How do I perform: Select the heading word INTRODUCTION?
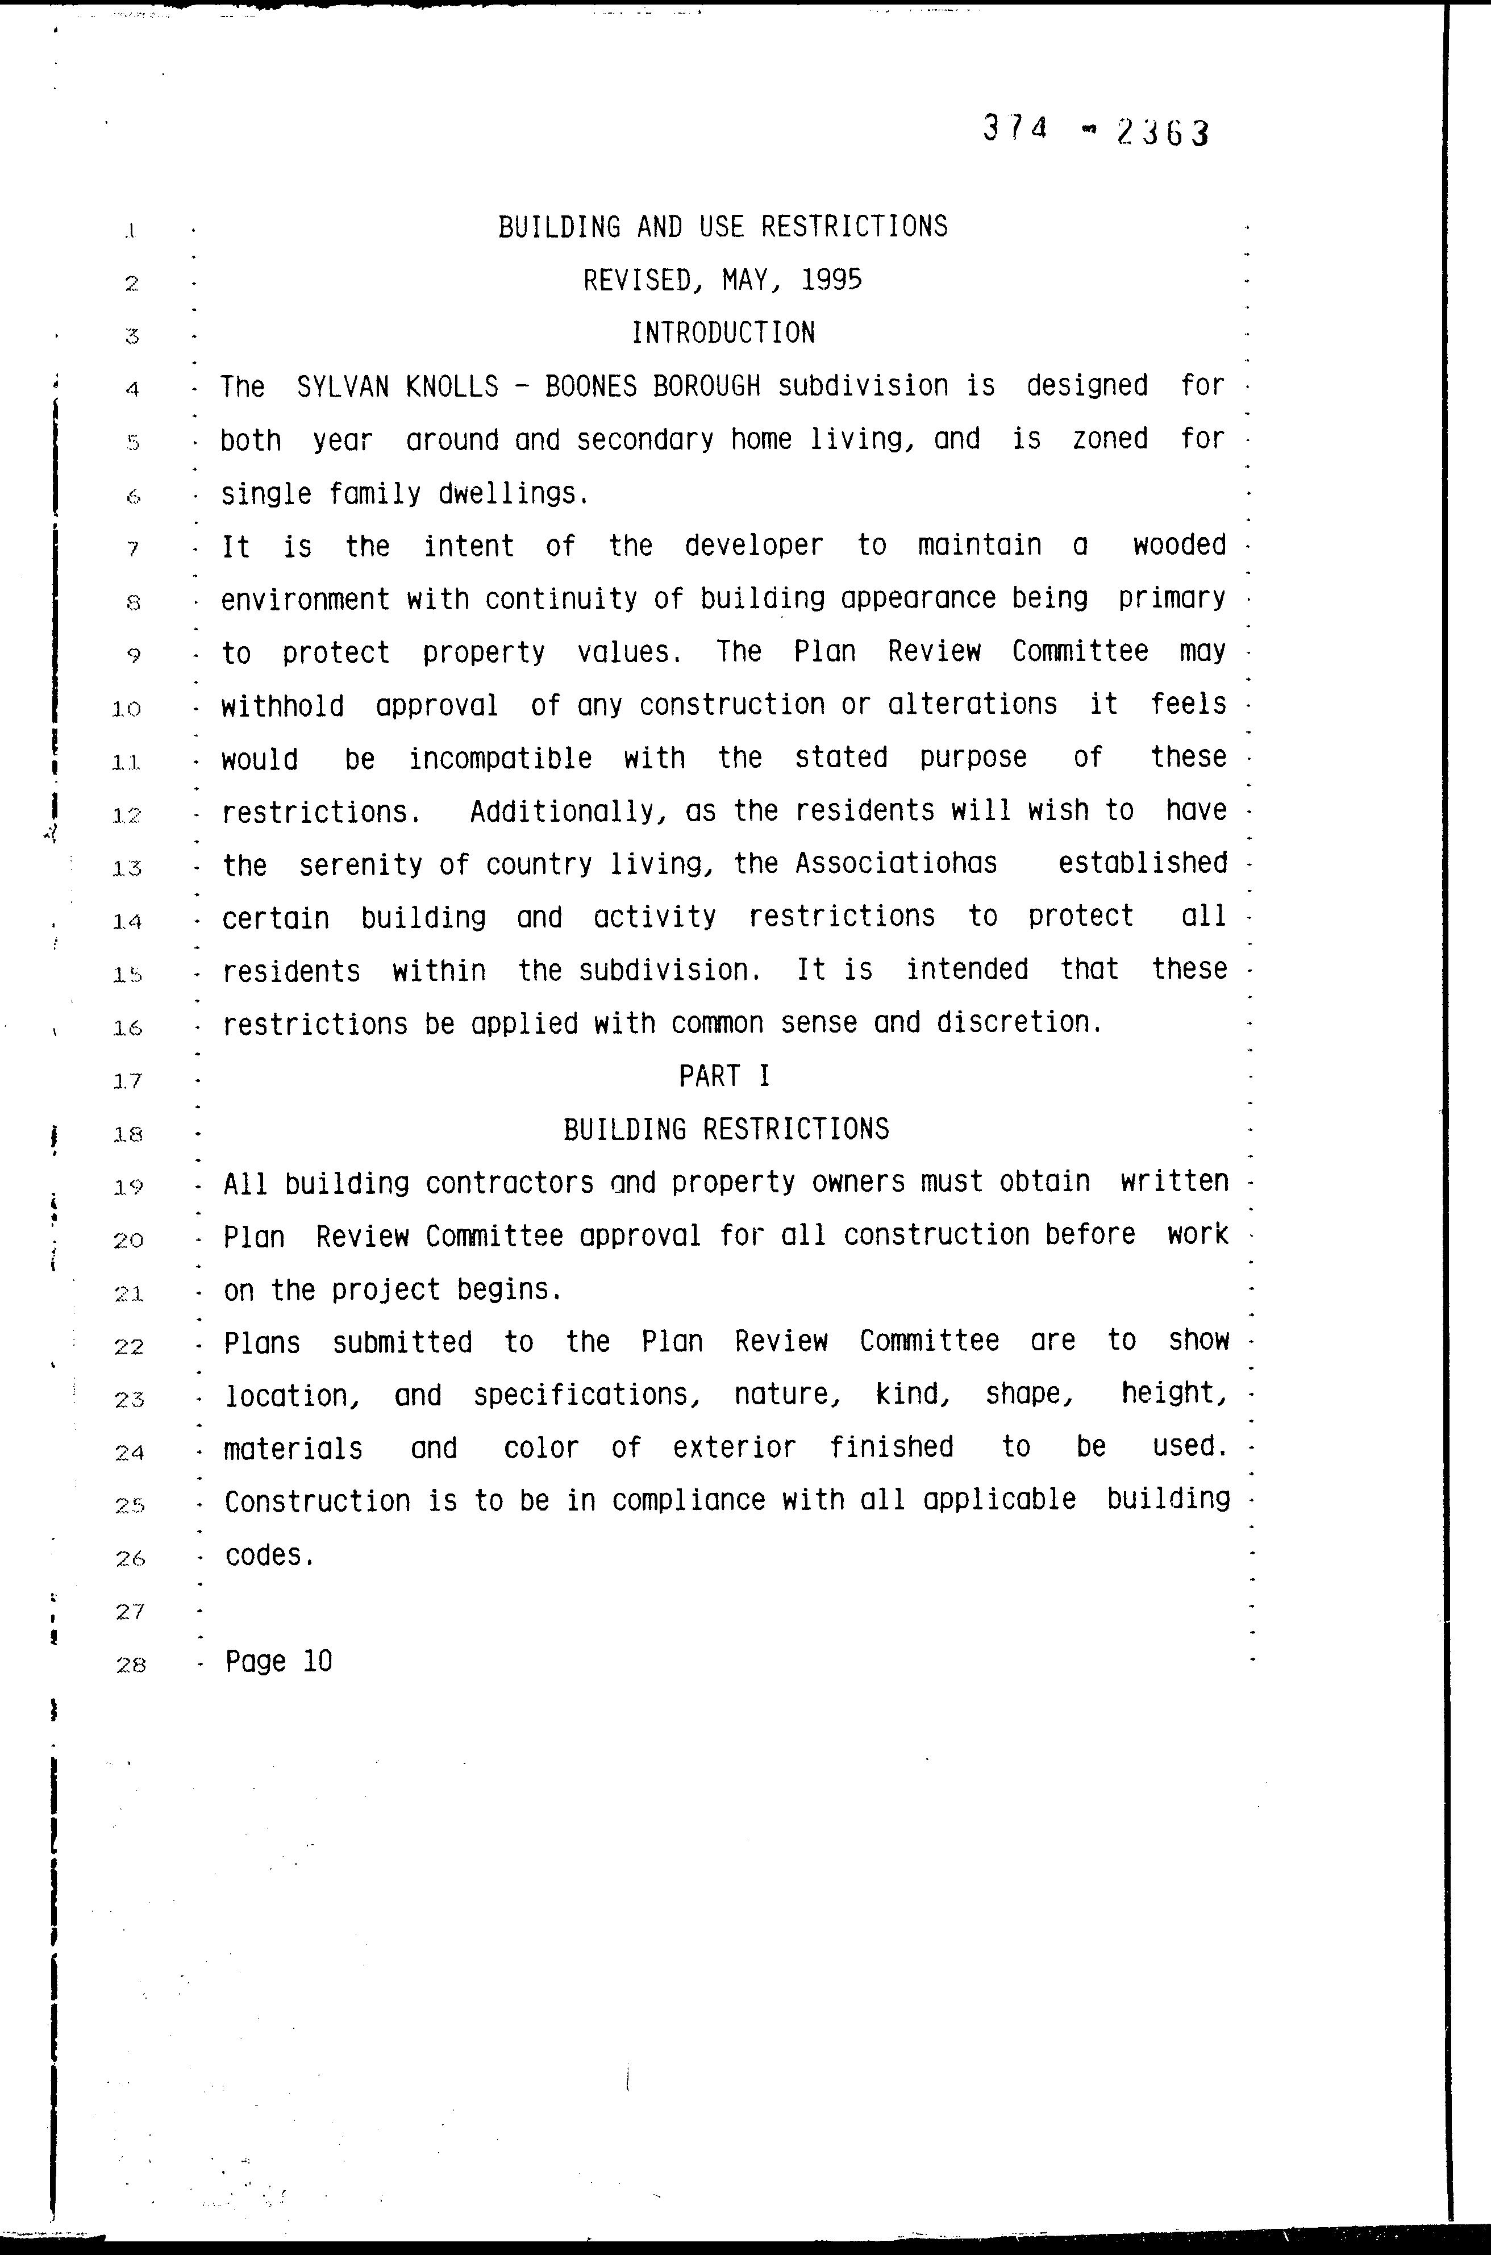[723, 333]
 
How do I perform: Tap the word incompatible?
[500, 758]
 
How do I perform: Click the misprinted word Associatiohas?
[896, 864]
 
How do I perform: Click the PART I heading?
[724, 1076]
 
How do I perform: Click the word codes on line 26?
[269, 1555]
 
